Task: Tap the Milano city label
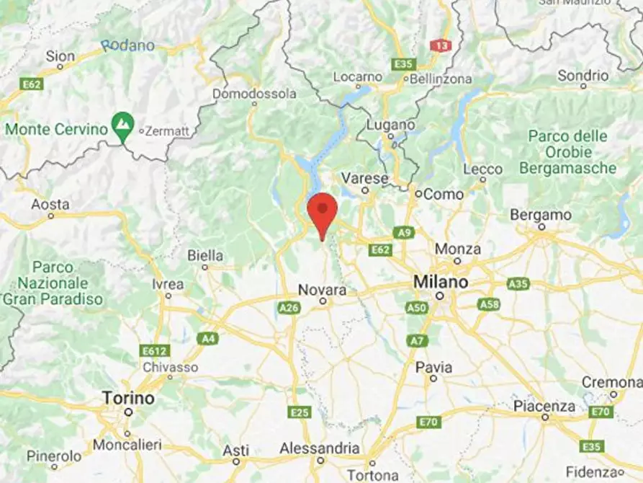440,282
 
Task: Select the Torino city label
128,398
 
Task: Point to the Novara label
323,290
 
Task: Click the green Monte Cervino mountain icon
122,128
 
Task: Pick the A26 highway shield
288,308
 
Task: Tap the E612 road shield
155,351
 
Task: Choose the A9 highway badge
404,232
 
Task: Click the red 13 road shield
441,45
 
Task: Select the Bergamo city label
540,215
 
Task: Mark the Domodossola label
254,94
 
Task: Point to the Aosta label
50,205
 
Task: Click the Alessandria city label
320,448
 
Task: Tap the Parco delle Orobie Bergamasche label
572,152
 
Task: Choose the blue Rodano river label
127,45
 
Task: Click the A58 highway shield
490,304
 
